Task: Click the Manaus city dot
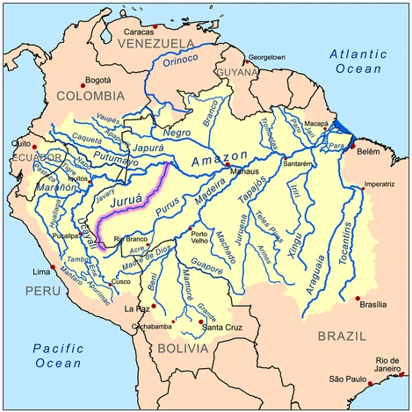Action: [x=228, y=164]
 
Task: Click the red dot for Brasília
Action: [x=358, y=299]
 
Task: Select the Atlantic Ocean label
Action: [x=358, y=62]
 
